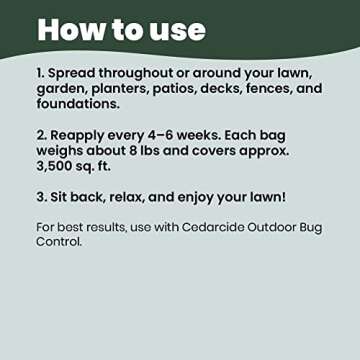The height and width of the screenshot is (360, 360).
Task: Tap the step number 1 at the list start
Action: (x=41, y=73)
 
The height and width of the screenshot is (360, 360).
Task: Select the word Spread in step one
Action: (x=79, y=73)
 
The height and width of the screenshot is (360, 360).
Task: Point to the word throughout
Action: (x=156, y=73)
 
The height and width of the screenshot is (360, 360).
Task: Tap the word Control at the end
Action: (x=59, y=241)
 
